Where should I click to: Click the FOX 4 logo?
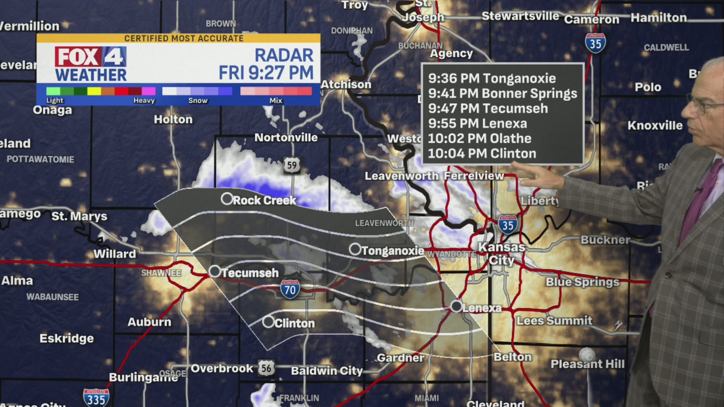point(90,57)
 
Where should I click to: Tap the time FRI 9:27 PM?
point(266,73)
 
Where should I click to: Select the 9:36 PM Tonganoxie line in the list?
point(492,78)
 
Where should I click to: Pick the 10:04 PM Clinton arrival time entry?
point(482,153)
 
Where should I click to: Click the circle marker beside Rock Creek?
point(227,199)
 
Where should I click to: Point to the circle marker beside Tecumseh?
point(215,271)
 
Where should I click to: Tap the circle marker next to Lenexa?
point(456,306)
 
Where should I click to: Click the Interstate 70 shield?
point(290,289)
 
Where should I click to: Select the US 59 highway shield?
point(292,165)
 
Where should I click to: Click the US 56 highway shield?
point(266,368)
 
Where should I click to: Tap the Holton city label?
point(173,119)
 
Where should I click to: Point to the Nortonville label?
point(286,138)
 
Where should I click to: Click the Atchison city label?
point(346,84)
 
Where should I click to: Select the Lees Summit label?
point(554,321)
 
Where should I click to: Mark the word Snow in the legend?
point(198,101)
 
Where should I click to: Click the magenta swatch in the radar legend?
point(149,91)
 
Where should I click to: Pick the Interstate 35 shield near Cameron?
point(595,43)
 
